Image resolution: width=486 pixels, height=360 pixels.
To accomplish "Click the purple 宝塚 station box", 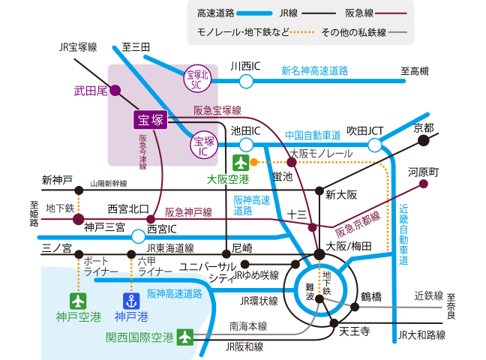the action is (x=150, y=120).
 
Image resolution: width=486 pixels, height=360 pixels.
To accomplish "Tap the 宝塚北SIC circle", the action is (x=197, y=79).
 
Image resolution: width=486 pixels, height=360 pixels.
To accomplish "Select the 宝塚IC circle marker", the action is (x=204, y=145).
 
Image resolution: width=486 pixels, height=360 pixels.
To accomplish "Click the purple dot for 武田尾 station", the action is (x=115, y=91).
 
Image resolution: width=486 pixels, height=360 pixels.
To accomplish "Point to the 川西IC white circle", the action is (x=246, y=82).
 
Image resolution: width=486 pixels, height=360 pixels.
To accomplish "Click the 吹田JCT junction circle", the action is (x=375, y=145).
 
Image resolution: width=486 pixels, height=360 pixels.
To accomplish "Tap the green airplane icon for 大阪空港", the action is (x=241, y=163).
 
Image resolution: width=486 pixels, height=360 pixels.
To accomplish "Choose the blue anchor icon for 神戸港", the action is (x=131, y=301).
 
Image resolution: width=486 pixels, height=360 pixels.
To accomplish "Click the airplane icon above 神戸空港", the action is (x=78, y=301).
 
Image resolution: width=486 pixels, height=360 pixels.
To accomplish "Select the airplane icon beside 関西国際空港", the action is (x=185, y=337).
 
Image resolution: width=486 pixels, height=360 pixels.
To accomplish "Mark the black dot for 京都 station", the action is (x=424, y=140).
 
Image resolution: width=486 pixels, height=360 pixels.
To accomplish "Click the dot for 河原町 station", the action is (x=424, y=184).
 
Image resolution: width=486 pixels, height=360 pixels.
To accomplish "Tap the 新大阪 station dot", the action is (x=319, y=190).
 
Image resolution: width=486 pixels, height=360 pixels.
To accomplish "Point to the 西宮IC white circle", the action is (x=138, y=236).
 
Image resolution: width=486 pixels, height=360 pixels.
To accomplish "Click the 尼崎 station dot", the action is (x=226, y=254).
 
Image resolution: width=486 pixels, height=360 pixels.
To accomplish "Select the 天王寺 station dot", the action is (x=334, y=323).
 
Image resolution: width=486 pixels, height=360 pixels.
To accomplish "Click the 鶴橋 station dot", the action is (x=355, y=307).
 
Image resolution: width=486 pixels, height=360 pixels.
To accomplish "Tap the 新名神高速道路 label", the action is (x=314, y=71).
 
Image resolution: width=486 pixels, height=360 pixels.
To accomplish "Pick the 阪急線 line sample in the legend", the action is (x=391, y=13).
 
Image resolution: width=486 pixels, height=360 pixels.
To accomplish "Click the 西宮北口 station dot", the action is (x=151, y=220).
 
